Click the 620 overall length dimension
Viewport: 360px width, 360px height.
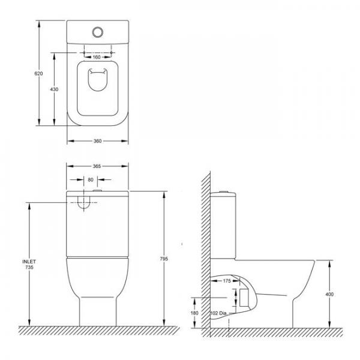pos(38,74)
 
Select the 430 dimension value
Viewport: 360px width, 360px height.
pos(54,89)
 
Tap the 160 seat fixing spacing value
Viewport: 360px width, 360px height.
pos(97,57)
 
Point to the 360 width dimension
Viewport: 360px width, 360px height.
pos(98,141)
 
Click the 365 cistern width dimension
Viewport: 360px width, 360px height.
pos(97,166)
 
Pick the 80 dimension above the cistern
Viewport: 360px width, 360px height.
pos(91,179)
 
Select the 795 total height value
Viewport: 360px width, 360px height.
pos(164,259)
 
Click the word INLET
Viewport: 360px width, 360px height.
pos(29,262)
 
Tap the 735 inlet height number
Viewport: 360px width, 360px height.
pos(29,267)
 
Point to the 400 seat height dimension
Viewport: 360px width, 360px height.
pos(329,294)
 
